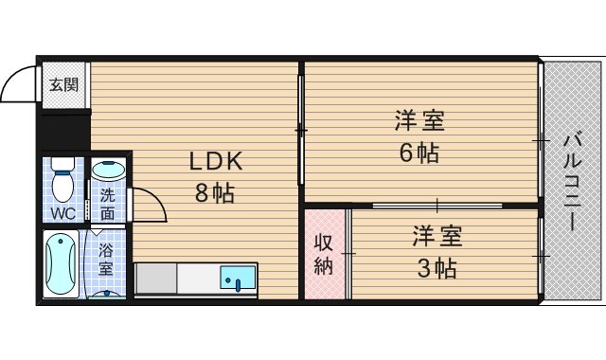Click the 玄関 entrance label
coord(64,82)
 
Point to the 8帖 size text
coord(215,194)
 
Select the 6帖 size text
coord(418,153)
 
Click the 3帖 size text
coord(437,268)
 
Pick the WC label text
coord(63,212)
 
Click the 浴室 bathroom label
coord(106,258)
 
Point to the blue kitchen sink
coord(237,279)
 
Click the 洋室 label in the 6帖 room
coord(419,121)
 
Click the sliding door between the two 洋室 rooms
coord(437,205)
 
